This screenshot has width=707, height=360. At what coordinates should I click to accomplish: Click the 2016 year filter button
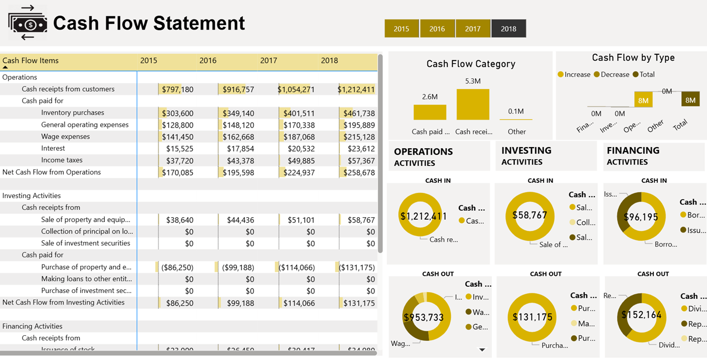(x=437, y=28)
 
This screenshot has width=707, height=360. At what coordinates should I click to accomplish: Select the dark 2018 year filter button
(x=508, y=28)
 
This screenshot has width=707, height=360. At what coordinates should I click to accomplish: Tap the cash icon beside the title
(x=27, y=23)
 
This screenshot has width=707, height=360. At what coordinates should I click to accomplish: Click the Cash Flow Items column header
(x=31, y=61)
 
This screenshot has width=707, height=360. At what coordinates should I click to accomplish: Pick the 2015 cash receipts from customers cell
(x=177, y=90)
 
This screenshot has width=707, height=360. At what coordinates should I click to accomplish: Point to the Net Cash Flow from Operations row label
(x=52, y=172)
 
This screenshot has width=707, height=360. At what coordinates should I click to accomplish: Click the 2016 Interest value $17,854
(x=240, y=149)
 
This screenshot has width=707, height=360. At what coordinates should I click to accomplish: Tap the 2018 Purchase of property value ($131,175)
(x=357, y=267)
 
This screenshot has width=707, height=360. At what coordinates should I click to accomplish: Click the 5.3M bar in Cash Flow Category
(x=473, y=104)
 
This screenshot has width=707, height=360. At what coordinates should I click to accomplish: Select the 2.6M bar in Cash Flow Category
(x=429, y=112)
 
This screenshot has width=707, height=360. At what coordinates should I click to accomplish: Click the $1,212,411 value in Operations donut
(x=423, y=216)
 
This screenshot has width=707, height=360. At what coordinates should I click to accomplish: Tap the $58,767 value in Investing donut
(x=529, y=215)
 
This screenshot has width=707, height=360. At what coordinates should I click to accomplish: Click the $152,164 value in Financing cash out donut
(x=640, y=315)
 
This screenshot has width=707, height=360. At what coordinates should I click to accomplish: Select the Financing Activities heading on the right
(x=633, y=156)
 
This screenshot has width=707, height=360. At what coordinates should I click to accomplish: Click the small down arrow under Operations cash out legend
(x=482, y=349)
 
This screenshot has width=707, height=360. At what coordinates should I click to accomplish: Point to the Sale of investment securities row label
(x=85, y=244)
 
